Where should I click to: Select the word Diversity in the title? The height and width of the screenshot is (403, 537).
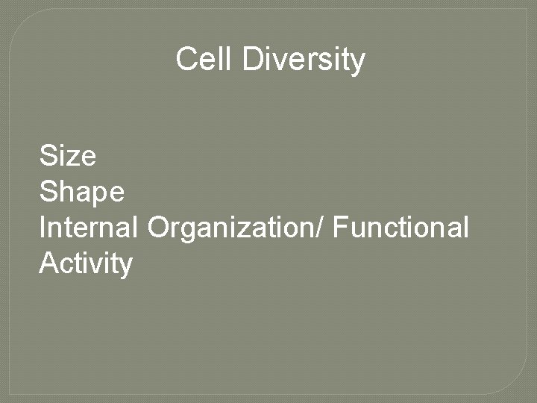tap(304, 60)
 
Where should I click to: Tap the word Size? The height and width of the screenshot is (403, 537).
tap(67, 156)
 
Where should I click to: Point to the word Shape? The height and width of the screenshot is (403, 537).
tap(81, 193)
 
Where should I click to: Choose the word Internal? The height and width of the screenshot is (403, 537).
tap(88, 227)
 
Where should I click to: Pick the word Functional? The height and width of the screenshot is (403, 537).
tap(401, 227)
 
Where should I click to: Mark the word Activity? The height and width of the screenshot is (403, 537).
tap(86, 263)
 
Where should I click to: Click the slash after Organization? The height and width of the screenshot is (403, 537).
tap(321, 227)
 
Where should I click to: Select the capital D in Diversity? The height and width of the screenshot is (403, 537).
tap(251, 60)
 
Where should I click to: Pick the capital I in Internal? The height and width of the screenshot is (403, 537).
tap(43, 227)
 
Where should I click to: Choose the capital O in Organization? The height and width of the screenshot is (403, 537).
tap(159, 227)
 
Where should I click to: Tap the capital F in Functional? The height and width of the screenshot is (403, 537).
tap(340, 227)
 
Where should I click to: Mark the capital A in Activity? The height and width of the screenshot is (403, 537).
tap(48, 263)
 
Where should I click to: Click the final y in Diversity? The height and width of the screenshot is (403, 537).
tap(359, 63)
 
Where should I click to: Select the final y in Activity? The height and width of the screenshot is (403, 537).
tap(126, 266)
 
